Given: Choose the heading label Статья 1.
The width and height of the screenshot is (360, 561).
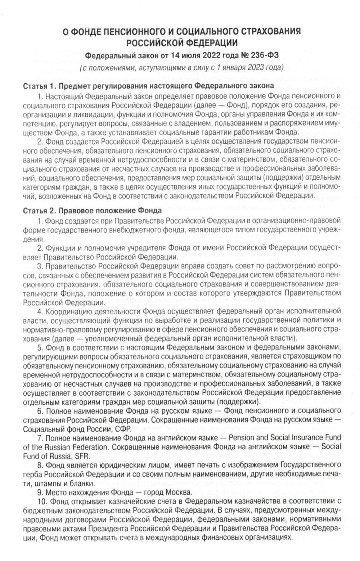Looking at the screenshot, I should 39,86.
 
